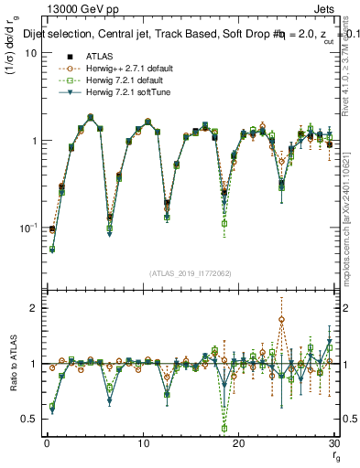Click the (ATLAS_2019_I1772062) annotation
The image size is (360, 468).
point(190,272)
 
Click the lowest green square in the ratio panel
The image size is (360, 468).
point(224,428)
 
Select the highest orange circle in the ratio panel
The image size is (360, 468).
point(281,320)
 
